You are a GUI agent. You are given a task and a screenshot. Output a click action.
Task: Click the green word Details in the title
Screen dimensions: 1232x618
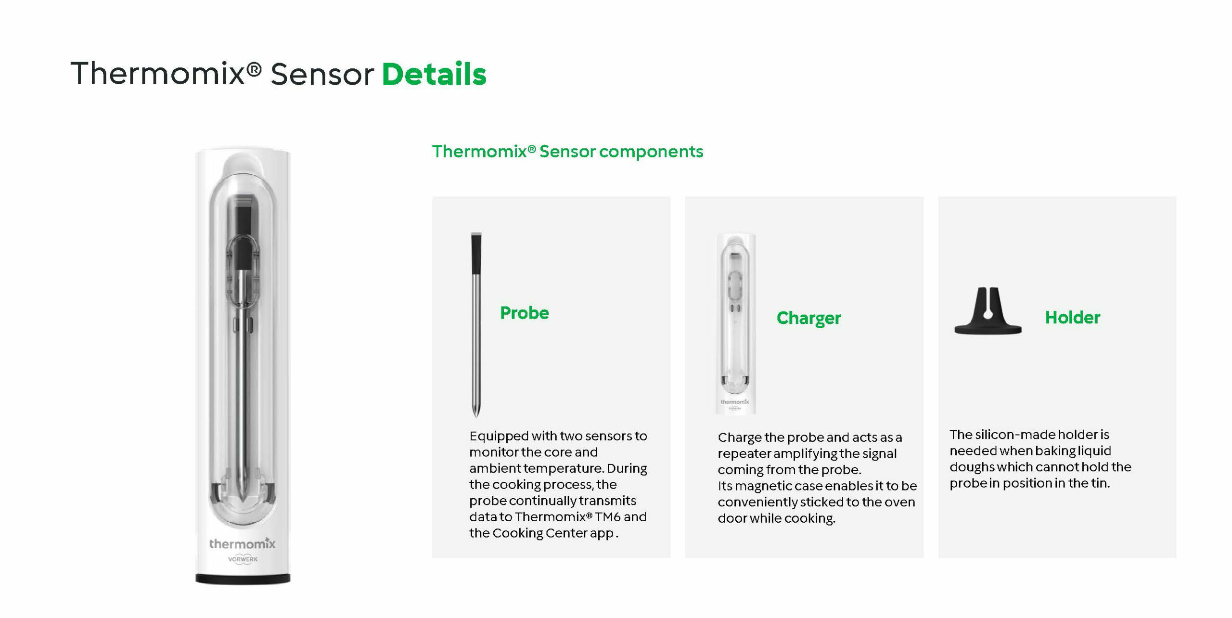point(434,74)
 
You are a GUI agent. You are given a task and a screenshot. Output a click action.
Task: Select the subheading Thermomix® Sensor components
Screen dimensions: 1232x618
point(567,152)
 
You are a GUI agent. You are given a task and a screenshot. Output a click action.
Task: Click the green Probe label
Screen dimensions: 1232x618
point(524,313)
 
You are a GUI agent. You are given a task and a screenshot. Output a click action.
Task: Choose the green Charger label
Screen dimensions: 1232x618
point(808,318)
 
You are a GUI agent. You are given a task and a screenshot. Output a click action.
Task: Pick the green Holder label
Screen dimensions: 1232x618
point(1072,317)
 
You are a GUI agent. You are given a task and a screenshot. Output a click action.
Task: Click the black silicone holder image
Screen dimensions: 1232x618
point(988,311)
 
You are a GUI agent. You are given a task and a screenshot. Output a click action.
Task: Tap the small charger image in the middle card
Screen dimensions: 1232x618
point(735,323)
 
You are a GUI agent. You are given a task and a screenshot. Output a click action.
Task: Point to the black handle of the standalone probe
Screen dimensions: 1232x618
point(476,253)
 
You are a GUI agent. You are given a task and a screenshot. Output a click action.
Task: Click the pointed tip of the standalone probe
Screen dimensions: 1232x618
point(476,416)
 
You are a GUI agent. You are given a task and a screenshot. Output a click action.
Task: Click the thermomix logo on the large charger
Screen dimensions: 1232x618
point(242,543)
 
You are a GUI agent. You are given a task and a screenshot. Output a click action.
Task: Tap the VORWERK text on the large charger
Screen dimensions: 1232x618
point(243,559)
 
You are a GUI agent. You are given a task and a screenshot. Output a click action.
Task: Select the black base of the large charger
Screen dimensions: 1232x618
point(243,579)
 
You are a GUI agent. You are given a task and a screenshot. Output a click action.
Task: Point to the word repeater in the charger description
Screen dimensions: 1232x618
point(744,454)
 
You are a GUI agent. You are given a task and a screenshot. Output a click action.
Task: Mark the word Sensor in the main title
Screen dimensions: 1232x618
point(322,75)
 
